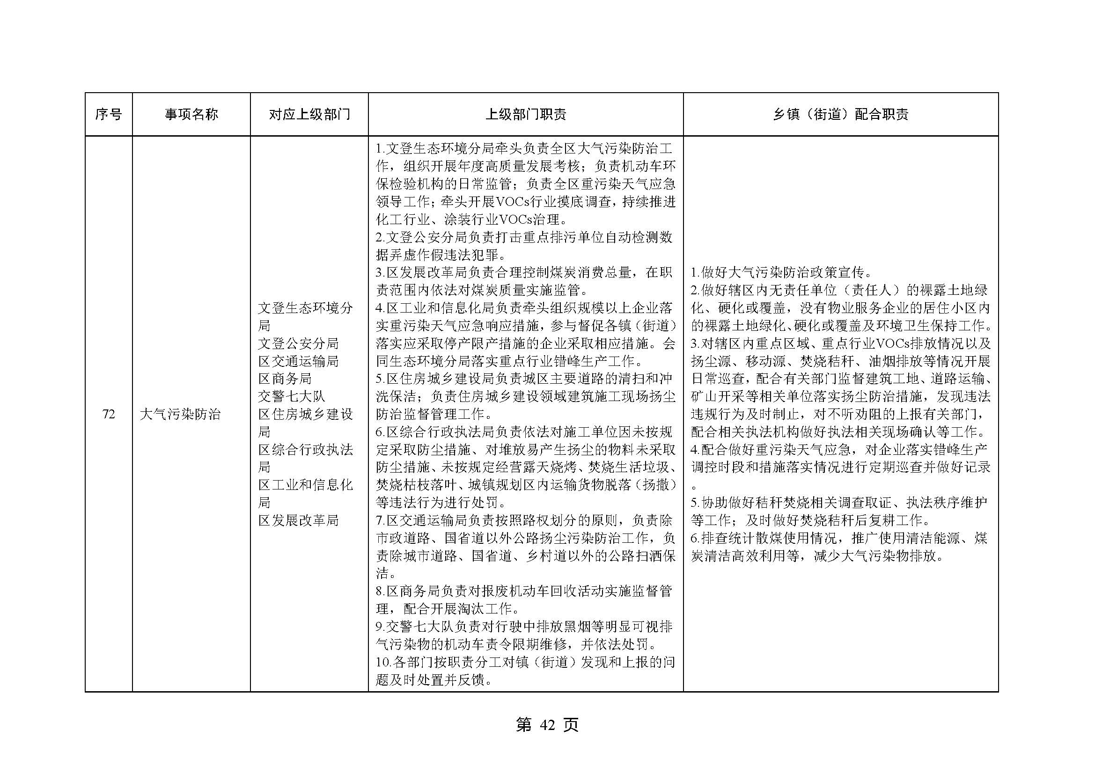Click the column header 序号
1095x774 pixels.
pyautogui.click(x=108, y=114)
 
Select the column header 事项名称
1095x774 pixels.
pyautogui.click(x=191, y=114)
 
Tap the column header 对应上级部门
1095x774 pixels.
pyautogui.click(x=309, y=114)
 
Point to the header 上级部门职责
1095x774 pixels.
pyautogui.click(x=526, y=114)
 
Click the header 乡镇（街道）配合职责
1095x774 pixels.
pyautogui.click(x=840, y=114)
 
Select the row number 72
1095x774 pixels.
pyautogui.click(x=108, y=415)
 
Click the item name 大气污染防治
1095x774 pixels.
pyautogui.click(x=180, y=415)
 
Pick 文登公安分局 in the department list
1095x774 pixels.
pyautogui.click(x=298, y=343)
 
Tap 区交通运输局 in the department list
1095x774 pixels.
pyautogui.click(x=298, y=361)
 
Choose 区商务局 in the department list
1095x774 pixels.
pyautogui.click(x=285, y=379)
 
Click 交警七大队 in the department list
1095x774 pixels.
pyautogui.click(x=291, y=396)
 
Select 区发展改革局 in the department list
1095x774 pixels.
pyautogui.click(x=298, y=520)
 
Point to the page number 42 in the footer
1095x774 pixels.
pyautogui.click(x=548, y=725)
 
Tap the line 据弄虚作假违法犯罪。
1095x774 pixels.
pyautogui.click(x=442, y=255)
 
